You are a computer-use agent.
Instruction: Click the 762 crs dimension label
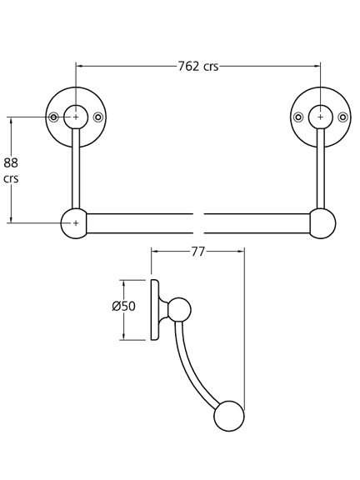point(198,66)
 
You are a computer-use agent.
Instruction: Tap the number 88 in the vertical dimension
point(11,162)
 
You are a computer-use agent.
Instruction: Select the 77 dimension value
point(197,252)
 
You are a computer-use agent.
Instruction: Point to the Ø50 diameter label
point(123,306)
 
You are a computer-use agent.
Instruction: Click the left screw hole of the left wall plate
point(54,117)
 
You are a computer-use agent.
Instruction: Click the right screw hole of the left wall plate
point(98,117)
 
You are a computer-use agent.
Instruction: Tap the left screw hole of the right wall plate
point(298,117)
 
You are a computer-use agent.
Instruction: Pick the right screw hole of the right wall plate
point(342,117)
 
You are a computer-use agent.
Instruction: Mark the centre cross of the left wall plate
point(76,117)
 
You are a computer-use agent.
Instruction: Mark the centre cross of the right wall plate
point(321,117)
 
